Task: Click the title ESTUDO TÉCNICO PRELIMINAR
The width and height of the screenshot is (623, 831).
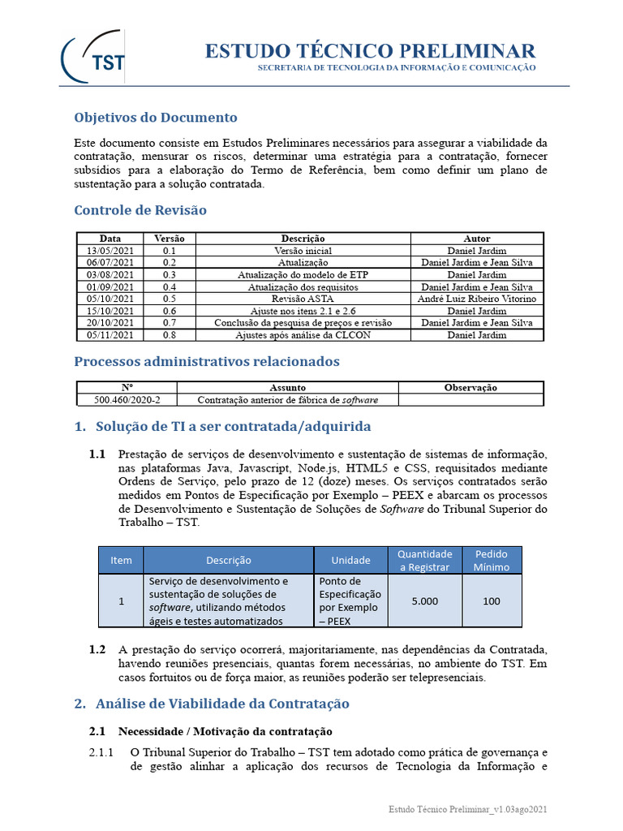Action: pos(369,50)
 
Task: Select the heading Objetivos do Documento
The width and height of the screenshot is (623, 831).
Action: pos(156,117)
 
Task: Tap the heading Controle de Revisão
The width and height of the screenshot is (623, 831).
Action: pos(140,210)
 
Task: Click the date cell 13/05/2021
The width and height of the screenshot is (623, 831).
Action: pos(110,252)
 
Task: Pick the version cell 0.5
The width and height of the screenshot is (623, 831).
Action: pos(169,299)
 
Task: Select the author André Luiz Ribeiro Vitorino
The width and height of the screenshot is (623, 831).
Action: pos(476,299)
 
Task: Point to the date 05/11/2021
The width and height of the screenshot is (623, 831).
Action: pos(110,334)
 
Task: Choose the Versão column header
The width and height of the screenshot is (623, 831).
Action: pos(169,239)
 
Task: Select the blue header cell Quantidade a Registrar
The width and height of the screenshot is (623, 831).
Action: pos(424,560)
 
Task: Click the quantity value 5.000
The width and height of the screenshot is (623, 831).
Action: pos(424,601)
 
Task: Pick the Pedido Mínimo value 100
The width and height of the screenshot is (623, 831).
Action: pos(492,601)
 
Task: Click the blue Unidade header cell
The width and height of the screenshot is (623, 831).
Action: pos(350,560)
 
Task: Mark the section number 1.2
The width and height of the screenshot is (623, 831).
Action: pos(97,649)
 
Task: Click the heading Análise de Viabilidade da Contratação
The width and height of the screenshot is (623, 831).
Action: pos(221,704)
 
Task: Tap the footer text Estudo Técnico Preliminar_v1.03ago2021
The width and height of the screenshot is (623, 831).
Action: pos(473,810)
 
